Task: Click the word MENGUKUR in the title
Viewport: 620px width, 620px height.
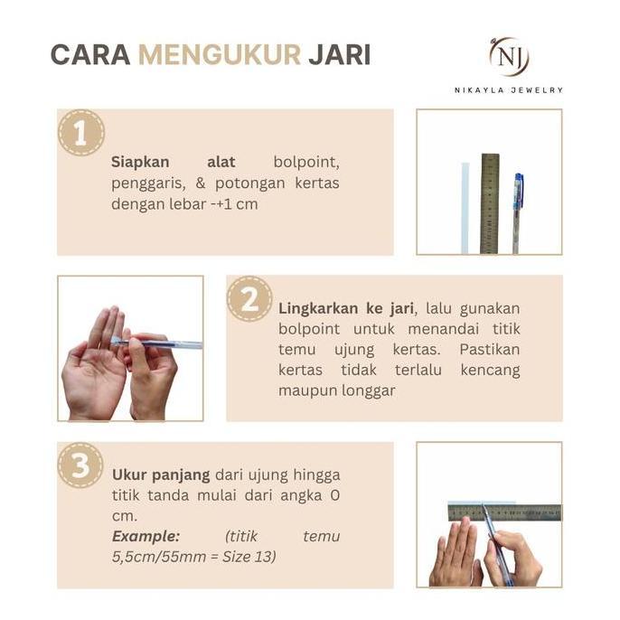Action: pyautogui.click(x=219, y=54)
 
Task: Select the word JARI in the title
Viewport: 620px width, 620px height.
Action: pyautogui.click(x=339, y=54)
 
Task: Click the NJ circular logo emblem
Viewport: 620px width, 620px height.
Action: pyautogui.click(x=508, y=56)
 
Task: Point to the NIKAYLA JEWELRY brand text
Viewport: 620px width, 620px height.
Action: pyautogui.click(x=508, y=89)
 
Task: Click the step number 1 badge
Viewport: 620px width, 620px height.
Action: pyautogui.click(x=81, y=133)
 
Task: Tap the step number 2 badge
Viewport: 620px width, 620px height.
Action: pyautogui.click(x=249, y=299)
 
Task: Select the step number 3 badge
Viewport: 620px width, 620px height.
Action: pyautogui.click(x=81, y=465)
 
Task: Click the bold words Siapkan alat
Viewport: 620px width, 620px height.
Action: pyautogui.click(x=173, y=162)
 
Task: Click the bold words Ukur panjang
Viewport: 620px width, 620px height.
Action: pyautogui.click(x=161, y=474)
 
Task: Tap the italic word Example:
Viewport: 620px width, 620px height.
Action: pyautogui.click(x=146, y=536)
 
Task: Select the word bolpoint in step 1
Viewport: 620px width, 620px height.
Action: pyautogui.click(x=306, y=162)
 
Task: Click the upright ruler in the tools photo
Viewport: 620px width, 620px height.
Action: pyautogui.click(x=489, y=203)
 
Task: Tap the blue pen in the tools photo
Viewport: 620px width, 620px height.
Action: pyautogui.click(x=517, y=212)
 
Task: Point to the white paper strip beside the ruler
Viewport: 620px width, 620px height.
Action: pyautogui.click(x=465, y=208)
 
